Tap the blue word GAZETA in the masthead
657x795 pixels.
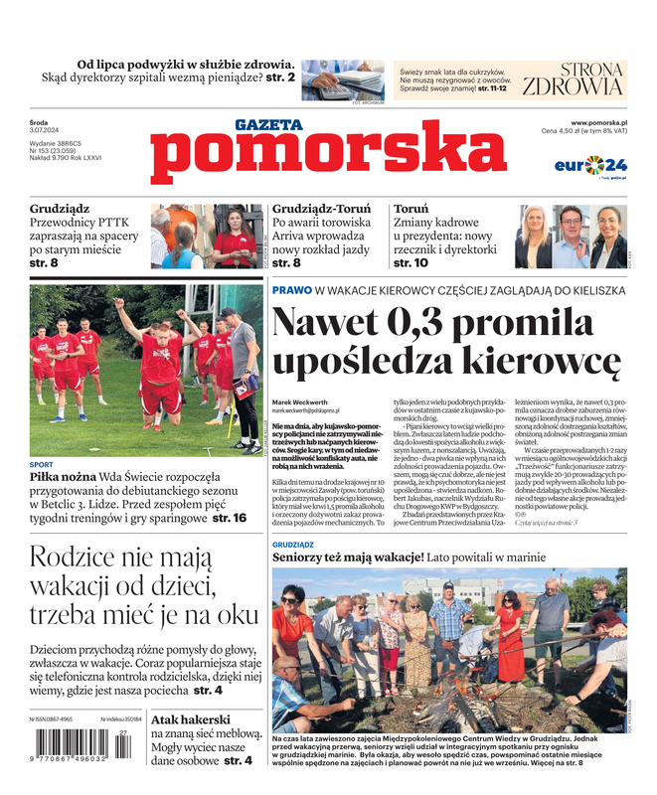(x=268, y=125)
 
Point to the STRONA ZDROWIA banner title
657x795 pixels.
(x=574, y=79)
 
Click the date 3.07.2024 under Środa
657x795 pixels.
(x=47, y=131)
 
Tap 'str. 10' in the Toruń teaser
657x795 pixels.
(x=411, y=263)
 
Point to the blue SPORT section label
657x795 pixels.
(x=42, y=465)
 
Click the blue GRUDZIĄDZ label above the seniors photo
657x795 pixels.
(x=292, y=545)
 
